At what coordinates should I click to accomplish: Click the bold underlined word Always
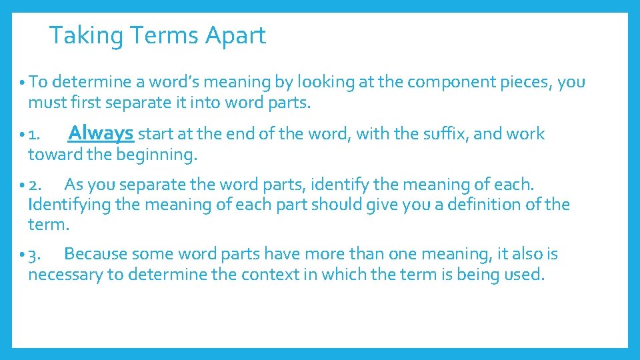pyautogui.click(x=101, y=133)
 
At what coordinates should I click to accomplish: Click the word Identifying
pyautogui.click(x=69, y=205)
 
